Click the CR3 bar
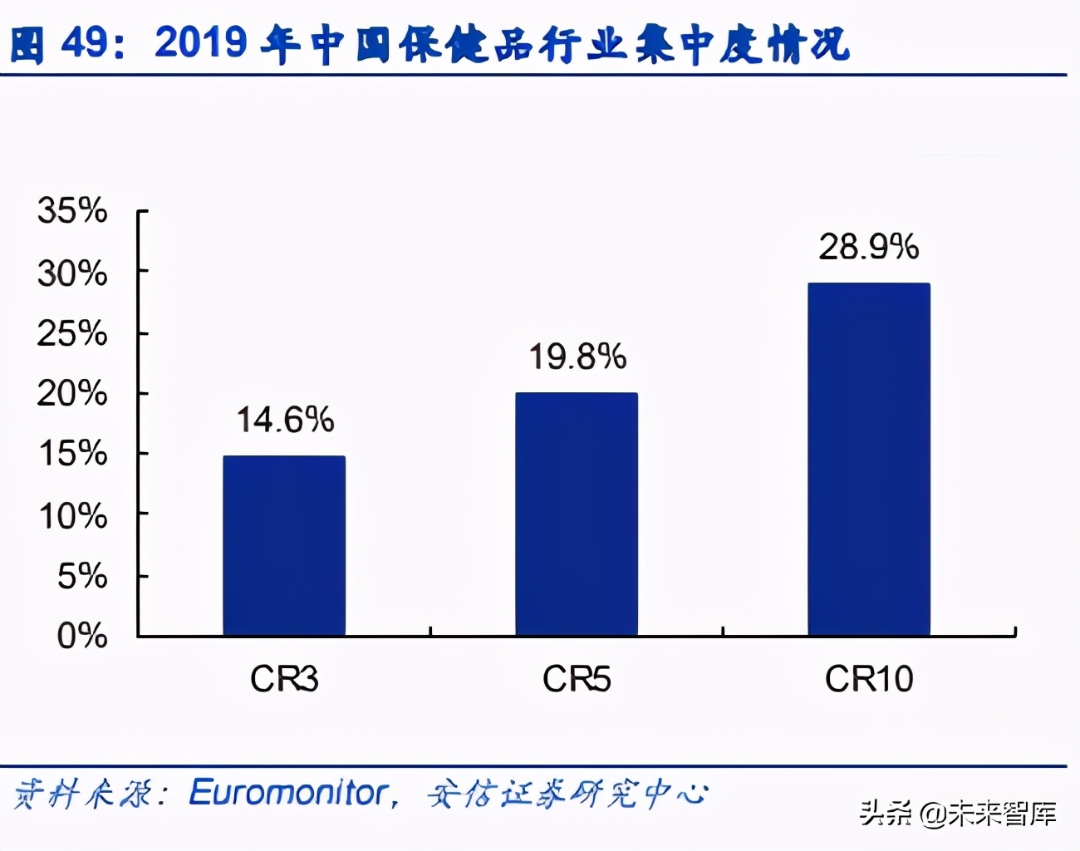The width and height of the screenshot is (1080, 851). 284,545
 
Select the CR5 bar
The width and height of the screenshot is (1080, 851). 577,514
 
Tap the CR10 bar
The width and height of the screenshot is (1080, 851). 869,459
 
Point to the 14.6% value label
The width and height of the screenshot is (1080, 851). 285,420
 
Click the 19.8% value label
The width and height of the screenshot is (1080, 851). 577,357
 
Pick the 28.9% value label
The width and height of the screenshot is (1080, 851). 869,247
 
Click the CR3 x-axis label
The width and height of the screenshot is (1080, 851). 284,680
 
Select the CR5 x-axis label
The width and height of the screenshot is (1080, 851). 577,680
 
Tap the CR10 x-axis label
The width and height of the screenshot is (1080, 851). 869,680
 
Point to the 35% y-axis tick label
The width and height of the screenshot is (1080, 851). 72,211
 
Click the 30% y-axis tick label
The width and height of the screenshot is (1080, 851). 72,273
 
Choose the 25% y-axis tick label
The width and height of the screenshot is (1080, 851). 72,333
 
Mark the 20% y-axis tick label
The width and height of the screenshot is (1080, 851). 72,393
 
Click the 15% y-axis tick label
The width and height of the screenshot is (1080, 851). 72,454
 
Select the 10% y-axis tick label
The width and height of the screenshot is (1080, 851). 72,516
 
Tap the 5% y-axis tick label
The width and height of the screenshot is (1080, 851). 81,576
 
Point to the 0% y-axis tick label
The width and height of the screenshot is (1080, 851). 81,636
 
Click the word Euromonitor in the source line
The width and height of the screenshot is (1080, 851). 289,793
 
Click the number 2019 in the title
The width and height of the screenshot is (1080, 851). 200,42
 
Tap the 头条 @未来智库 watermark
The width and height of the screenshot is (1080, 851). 957,813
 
